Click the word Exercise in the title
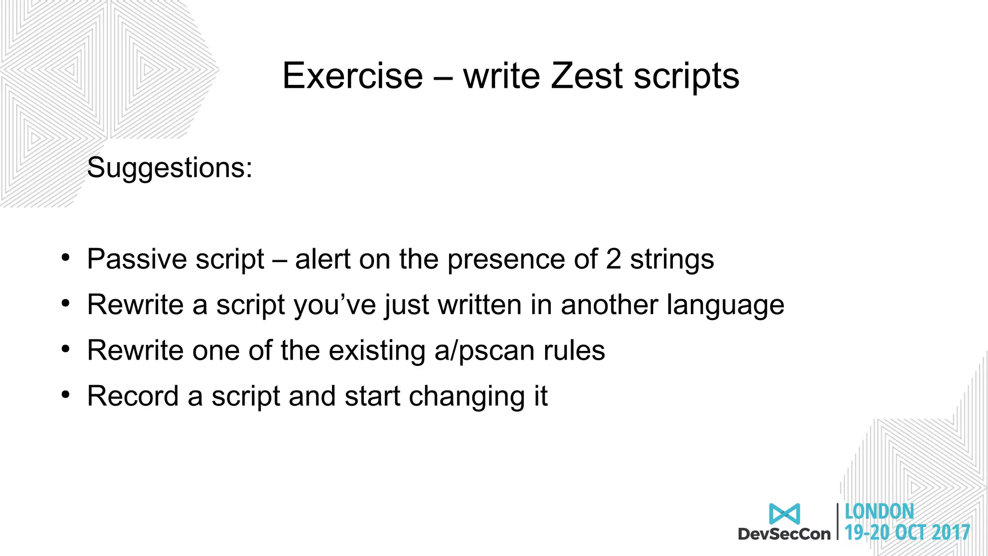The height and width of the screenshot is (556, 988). [x=353, y=76]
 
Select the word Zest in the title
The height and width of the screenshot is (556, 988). [x=587, y=76]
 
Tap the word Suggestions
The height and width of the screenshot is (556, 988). [x=169, y=168]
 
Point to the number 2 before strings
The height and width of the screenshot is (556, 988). [x=613, y=259]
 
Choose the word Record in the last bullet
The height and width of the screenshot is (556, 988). [x=133, y=396]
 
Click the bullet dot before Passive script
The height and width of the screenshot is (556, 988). [x=66, y=258]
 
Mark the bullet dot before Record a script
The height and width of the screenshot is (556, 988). [x=66, y=395]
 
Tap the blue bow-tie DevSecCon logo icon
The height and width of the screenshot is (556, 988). [x=784, y=514]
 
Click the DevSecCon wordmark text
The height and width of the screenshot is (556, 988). [x=784, y=534]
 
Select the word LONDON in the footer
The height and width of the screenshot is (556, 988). [x=879, y=512]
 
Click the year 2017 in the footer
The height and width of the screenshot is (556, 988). [x=951, y=532]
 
